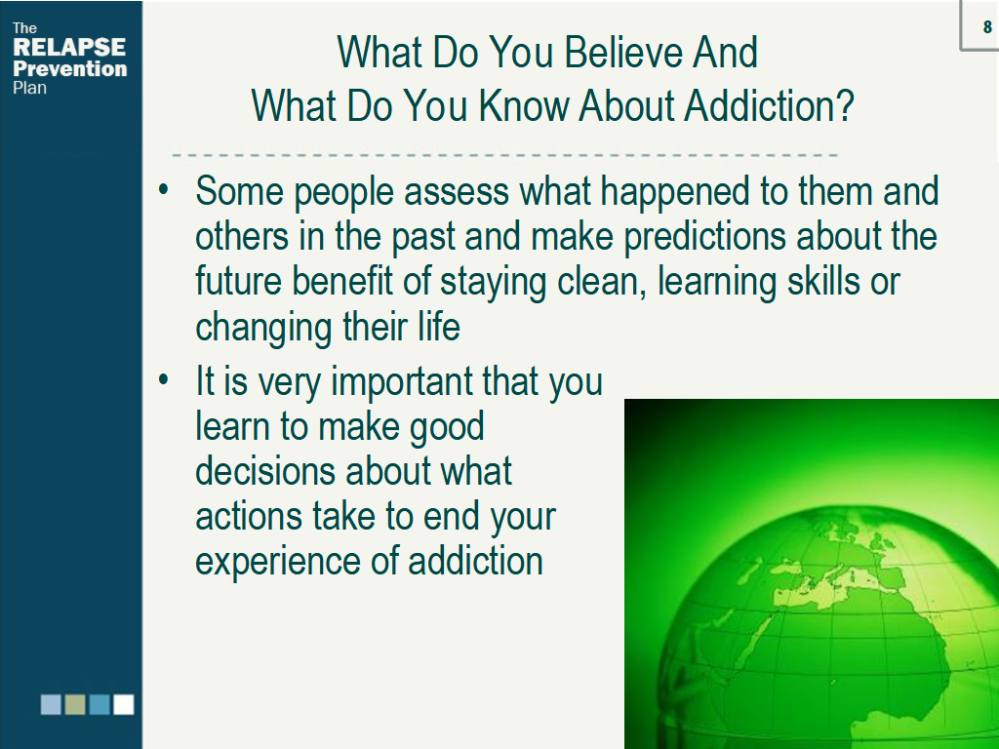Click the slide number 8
point(987,26)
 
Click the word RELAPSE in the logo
point(69,47)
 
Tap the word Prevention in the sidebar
point(70,68)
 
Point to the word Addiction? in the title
point(769,105)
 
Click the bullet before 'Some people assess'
point(164,189)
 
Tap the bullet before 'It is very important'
point(164,379)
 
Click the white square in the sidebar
point(124,704)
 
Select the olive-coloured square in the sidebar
point(75,704)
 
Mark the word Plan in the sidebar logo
point(29,88)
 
